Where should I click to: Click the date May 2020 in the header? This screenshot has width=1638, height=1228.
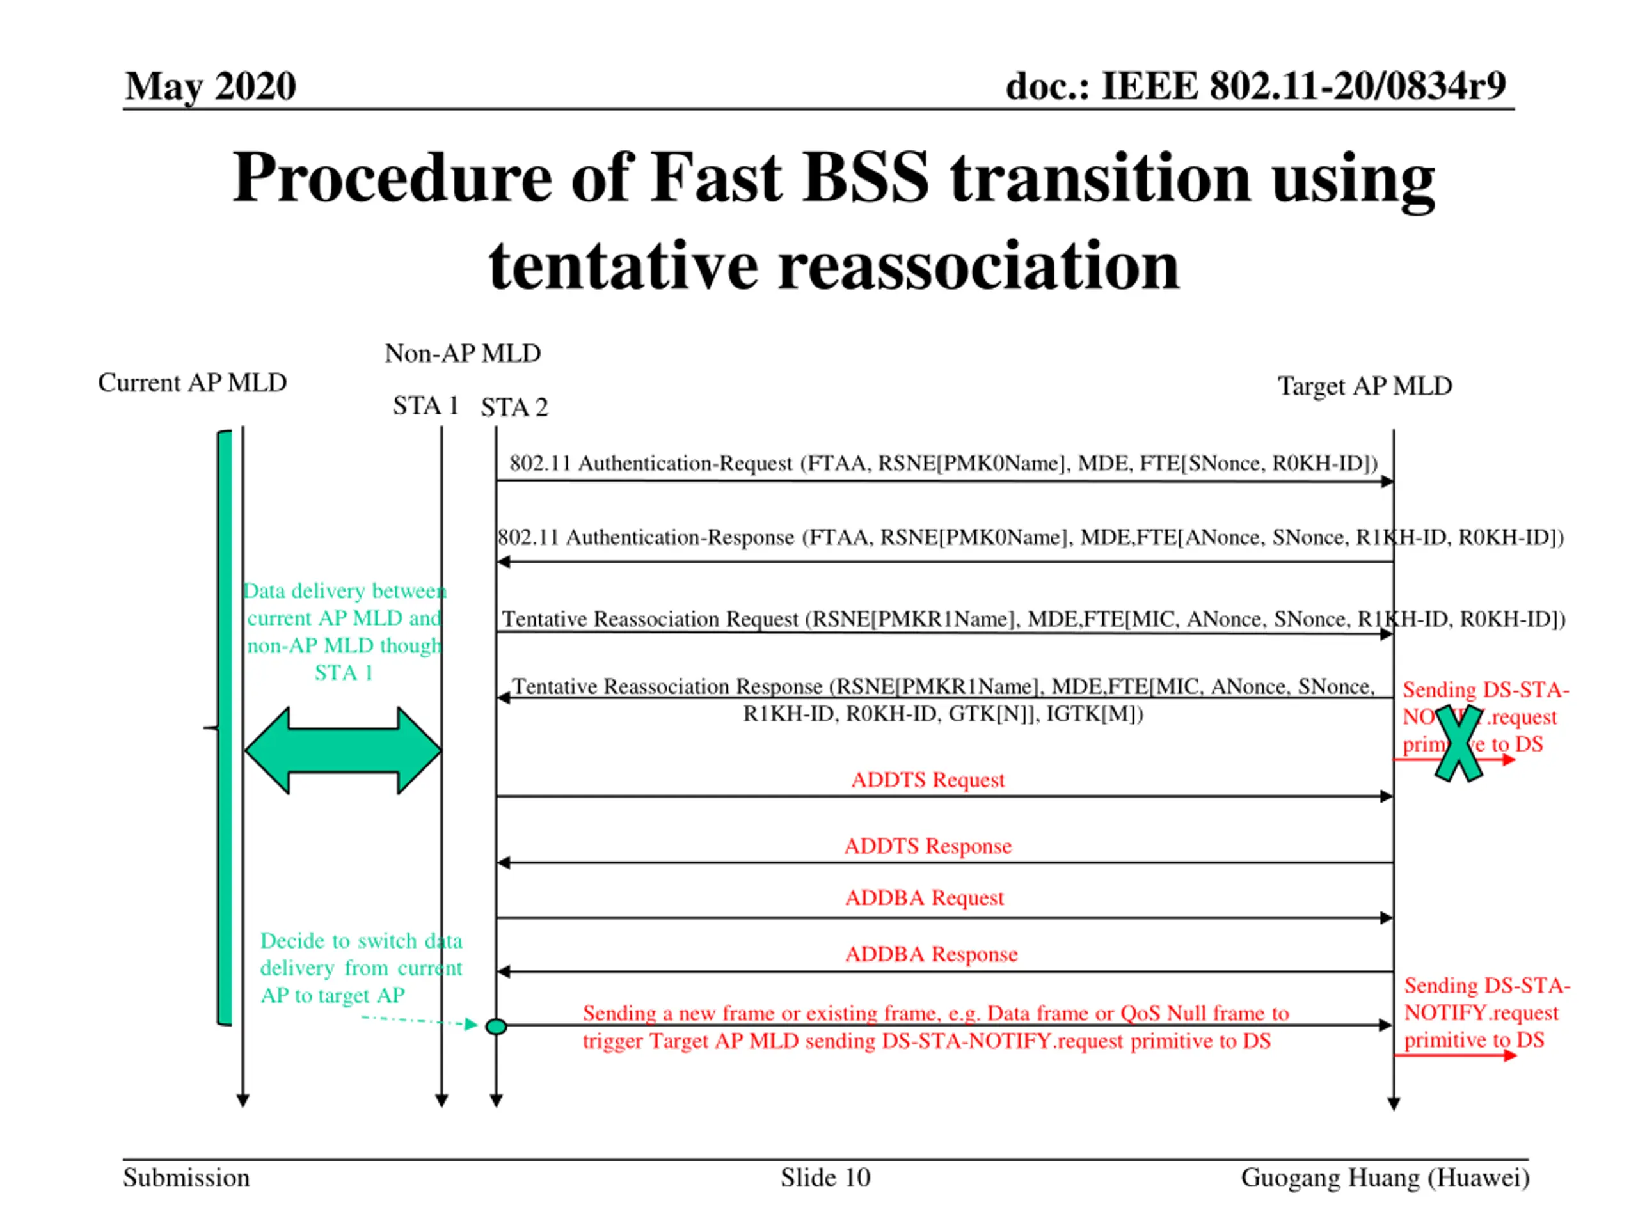[211, 86]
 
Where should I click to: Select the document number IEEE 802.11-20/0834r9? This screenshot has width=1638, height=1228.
[1255, 86]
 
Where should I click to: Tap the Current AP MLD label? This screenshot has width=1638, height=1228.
[192, 382]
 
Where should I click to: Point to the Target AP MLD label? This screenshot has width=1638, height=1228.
[1364, 386]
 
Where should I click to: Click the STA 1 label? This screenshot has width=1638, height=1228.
[425, 405]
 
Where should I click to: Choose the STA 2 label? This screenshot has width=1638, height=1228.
[514, 407]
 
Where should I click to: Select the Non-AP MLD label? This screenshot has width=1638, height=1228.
[462, 353]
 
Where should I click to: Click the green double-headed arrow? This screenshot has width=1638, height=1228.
[343, 751]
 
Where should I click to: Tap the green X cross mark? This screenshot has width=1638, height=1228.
[1458, 743]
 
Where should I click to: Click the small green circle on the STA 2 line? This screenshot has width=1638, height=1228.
[496, 1027]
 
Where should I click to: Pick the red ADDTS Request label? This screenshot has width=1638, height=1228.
[927, 780]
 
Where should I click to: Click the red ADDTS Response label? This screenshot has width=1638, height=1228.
[927, 846]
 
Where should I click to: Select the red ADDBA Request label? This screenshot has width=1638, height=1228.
[924, 898]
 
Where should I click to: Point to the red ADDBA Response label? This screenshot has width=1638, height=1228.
[931, 954]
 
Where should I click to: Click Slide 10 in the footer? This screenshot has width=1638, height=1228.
[825, 1177]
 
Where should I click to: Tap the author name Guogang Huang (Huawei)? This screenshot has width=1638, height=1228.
[1385, 1177]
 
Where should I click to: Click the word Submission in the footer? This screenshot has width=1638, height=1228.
[186, 1177]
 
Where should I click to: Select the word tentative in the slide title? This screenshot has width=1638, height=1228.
[623, 267]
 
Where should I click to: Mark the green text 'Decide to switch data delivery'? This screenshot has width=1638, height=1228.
[361, 954]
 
